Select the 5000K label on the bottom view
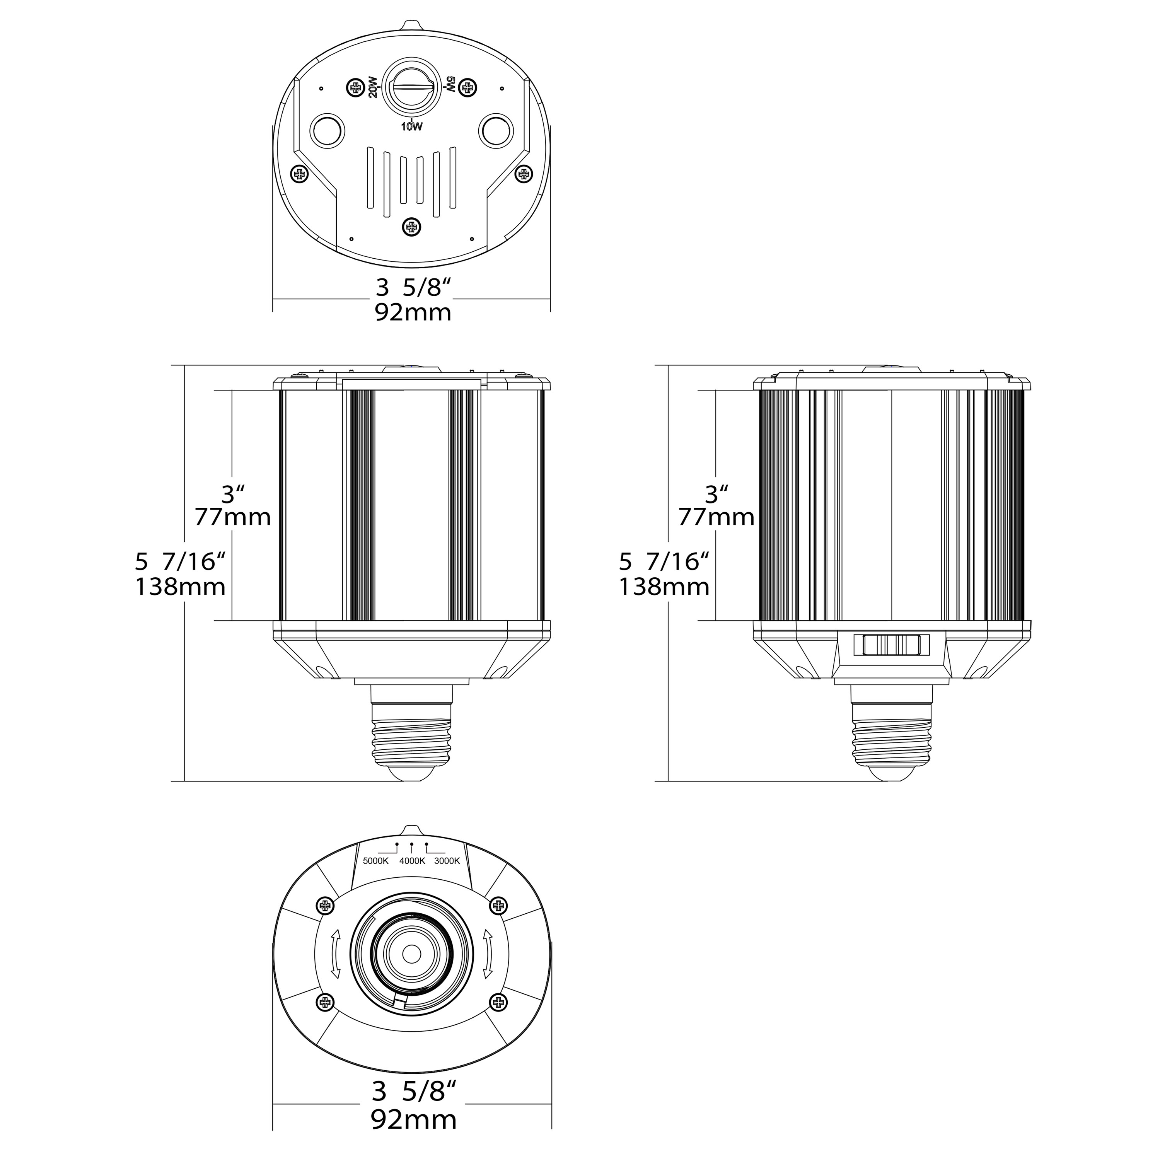pos(376,861)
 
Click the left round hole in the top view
pos(327,128)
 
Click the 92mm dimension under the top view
pos(413,313)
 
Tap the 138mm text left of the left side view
pos(181,587)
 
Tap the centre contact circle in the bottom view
pos(412,954)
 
